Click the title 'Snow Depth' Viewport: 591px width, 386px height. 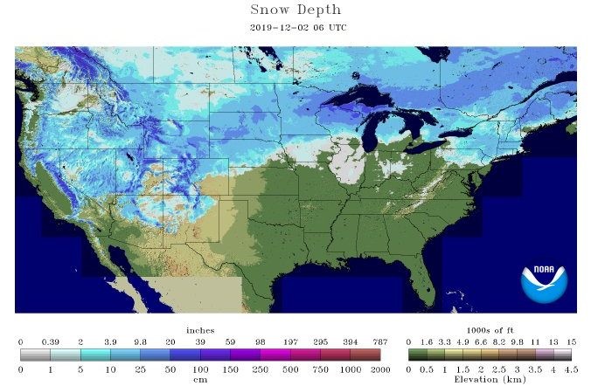(x=295, y=10)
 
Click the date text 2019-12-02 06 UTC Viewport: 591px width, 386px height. (x=295, y=27)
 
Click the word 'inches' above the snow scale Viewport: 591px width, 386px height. (x=200, y=330)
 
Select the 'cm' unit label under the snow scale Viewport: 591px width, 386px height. (x=200, y=380)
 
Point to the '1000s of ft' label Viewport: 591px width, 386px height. (x=490, y=330)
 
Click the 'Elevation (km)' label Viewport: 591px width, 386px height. (x=490, y=380)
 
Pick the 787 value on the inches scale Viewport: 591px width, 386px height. (x=380, y=342)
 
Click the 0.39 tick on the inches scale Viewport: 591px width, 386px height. (x=50, y=342)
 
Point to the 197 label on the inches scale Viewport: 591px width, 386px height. (x=290, y=342)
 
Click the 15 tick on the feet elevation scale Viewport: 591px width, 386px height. (x=571, y=342)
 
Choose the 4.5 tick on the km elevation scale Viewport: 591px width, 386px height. (x=571, y=369)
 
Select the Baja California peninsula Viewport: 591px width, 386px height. (x=119, y=284)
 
